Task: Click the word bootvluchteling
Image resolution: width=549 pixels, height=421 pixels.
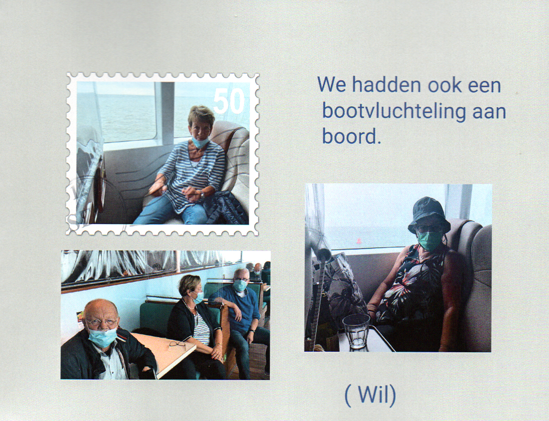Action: click(394, 111)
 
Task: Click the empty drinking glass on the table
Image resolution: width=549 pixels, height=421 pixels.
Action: click(356, 331)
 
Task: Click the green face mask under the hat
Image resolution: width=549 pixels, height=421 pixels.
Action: click(429, 240)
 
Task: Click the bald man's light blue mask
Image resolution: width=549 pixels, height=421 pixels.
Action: click(102, 337)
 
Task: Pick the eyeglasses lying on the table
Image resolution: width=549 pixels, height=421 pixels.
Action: click(177, 344)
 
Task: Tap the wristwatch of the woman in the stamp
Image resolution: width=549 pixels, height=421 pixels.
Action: click(202, 194)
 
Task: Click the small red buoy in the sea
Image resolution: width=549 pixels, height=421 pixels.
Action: click(359, 241)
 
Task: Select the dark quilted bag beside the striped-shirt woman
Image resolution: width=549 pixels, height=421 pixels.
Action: click(226, 208)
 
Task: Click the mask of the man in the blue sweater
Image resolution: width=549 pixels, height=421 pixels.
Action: click(240, 285)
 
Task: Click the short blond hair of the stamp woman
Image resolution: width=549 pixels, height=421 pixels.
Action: click(201, 115)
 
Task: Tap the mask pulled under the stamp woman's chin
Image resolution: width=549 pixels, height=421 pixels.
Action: click(200, 142)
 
